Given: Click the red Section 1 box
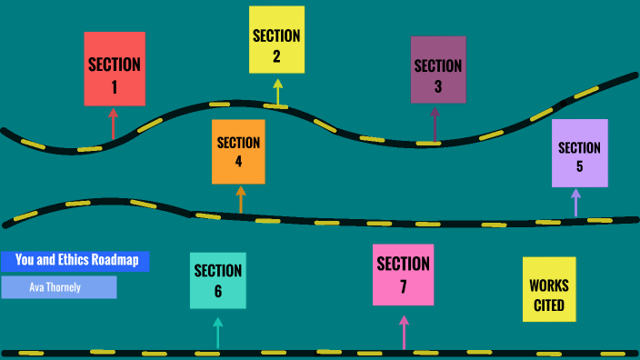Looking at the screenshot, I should [115, 68].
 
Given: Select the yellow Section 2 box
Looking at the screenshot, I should [276, 40].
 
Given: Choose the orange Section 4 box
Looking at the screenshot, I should [238, 152].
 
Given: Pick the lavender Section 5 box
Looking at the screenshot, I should [579, 153].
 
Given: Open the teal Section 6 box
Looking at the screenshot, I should [218, 280].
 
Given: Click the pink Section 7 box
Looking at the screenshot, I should [403, 275].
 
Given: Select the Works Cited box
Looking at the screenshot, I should [549, 289].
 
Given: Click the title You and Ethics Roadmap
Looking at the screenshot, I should [76, 261].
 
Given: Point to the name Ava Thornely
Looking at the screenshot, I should [59, 287].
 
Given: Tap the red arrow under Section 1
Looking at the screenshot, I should [113, 124].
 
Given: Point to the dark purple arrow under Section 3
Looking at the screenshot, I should [435, 123].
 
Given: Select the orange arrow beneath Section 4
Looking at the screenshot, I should [241, 199].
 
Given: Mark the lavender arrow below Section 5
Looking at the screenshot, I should [575, 202].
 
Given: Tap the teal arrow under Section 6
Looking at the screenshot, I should [217, 332].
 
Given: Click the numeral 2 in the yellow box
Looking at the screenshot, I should [276, 57].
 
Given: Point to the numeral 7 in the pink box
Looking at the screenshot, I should [403, 286].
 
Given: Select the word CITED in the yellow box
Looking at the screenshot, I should [549, 305].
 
